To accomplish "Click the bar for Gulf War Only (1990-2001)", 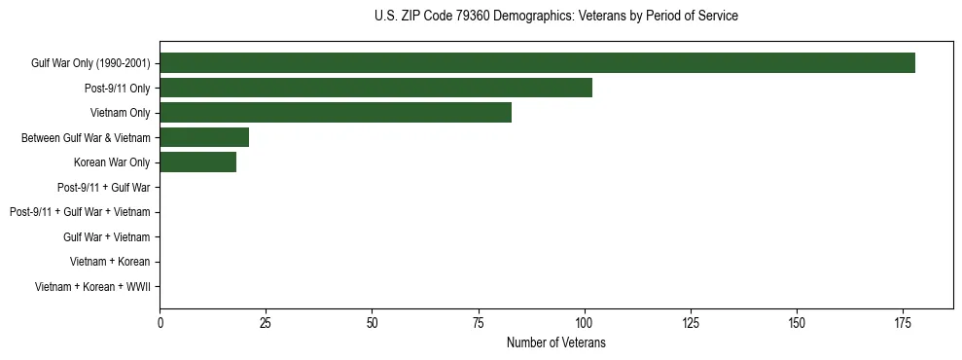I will click(537, 63).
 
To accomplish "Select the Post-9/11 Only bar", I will click(375, 88).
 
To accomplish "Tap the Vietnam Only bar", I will click(336, 113).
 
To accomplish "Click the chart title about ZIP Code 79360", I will click(555, 17).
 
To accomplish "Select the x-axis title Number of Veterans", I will click(555, 342).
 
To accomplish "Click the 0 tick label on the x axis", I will click(160, 322).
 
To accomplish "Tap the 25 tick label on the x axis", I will click(266, 322).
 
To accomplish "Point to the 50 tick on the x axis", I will click(372, 322).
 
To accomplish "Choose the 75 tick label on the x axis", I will click(478, 322).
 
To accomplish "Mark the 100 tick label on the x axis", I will click(584, 322).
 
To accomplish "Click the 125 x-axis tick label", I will click(690, 322).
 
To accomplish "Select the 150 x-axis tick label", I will click(796, 322).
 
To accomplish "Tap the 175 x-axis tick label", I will click(902, 322).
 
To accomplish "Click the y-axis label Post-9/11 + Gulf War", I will click(103, 187).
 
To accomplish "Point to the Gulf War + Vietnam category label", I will click(106, 236).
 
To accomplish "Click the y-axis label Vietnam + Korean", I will click(110, 262).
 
